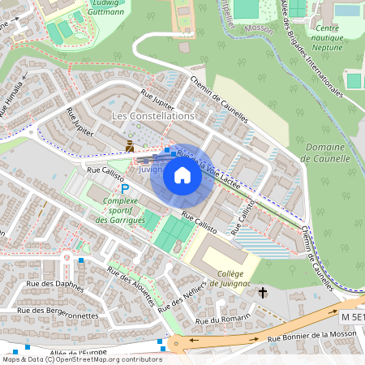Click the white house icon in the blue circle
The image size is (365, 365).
(x=182, y=174)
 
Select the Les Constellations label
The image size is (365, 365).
(x=152, y=116)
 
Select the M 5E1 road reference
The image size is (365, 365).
(x=351, y=316)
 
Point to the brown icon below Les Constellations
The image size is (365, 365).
(x=130, y=146)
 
